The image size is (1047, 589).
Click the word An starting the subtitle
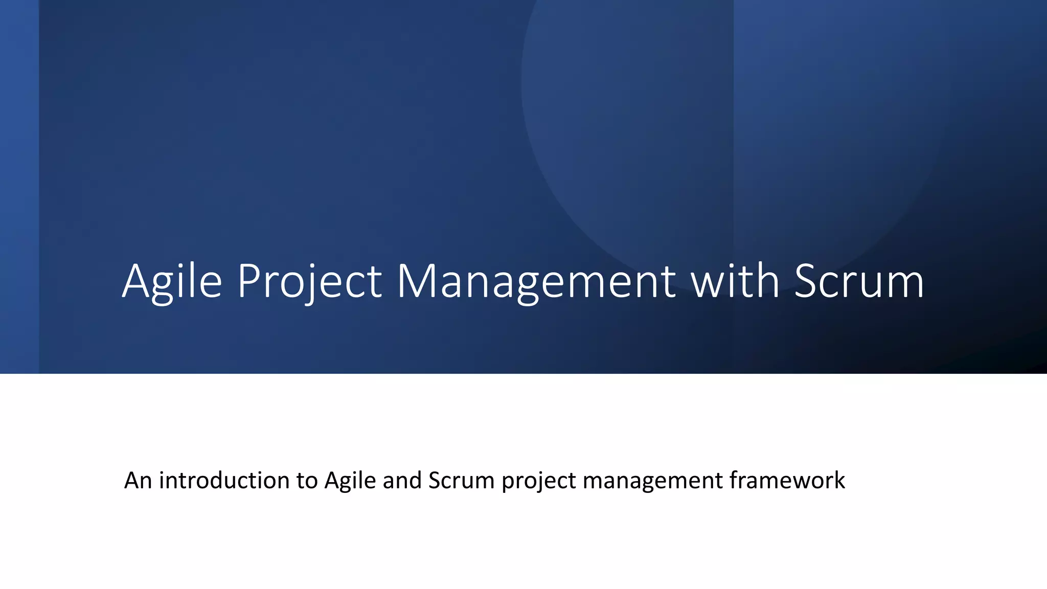[x=138, y=481]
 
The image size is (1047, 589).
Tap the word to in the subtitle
[x=307, y=481]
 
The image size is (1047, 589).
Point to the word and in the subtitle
[x=402, y=481]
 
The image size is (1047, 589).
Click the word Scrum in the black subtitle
[x=461, y=481]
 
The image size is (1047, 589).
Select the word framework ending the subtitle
[x=787, y=481]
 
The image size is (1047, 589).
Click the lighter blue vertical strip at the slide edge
[x=19, y=187]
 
